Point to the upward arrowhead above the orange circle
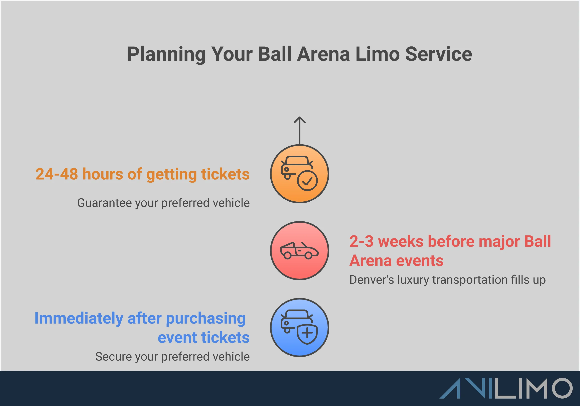299,120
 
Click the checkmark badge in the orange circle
307,181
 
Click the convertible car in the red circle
299,251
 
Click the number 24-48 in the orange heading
57,174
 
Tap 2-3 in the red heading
361,241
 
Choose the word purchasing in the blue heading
205,319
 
